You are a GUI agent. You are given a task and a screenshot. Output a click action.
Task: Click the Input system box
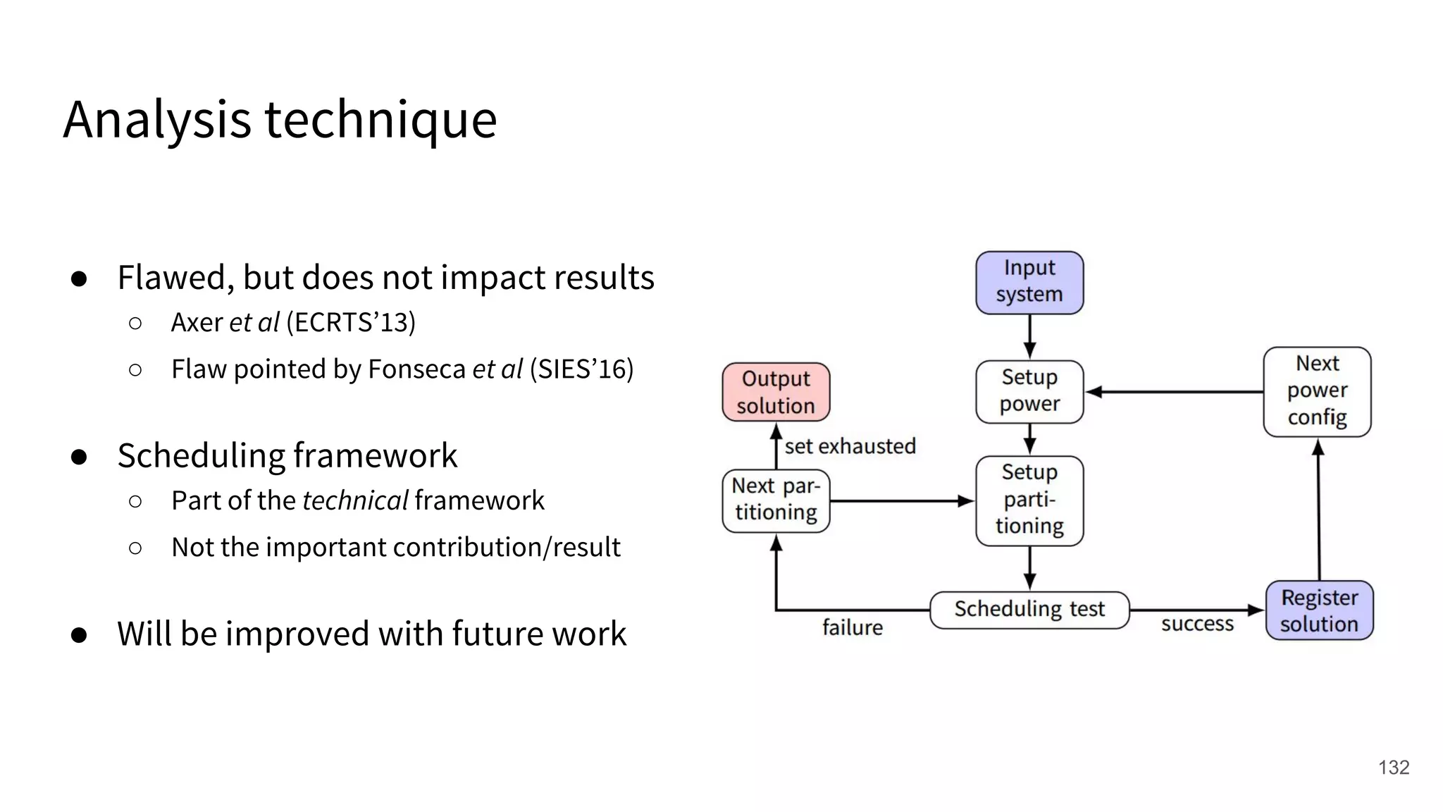[x=1029, y=282]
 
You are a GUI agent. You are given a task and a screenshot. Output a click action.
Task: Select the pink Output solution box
[x=776, y=392]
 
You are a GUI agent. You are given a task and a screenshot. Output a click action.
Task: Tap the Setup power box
[x=1029, y=391]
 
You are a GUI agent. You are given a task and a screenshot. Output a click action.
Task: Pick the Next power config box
[x=1317, y=391]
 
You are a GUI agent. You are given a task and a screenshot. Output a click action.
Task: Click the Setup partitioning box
[x=1029, y=500]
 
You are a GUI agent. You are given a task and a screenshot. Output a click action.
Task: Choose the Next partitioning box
[x=776, y=500]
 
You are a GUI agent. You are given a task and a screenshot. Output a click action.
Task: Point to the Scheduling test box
[x=1029, y=610]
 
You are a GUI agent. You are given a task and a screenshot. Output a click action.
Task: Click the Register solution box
[x=1319, y=610]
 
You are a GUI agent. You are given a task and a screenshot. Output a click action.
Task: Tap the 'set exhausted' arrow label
[x=850, y=446]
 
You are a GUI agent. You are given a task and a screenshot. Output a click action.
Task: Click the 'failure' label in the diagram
[x=852, y=627]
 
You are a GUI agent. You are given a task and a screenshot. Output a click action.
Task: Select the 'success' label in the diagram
[x=1197, y=624]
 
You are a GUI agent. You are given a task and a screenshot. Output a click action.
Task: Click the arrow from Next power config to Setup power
[x=1174, y=391]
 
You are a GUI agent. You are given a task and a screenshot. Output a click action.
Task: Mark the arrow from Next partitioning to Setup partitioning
[x=902, y=501]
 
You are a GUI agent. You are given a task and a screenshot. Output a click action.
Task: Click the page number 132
[x=1393, y=768]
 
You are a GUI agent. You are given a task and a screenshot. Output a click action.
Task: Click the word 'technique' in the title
[x=380, y=120]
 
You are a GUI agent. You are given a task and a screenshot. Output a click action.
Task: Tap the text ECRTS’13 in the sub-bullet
[x=350, y=323]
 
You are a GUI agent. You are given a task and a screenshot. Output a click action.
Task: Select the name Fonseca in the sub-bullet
[x=416, y=369]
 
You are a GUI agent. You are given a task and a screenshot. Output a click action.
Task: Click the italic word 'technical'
[x=355, y=500]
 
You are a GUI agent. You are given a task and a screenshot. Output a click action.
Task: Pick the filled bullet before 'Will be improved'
[x=79, y=634]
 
